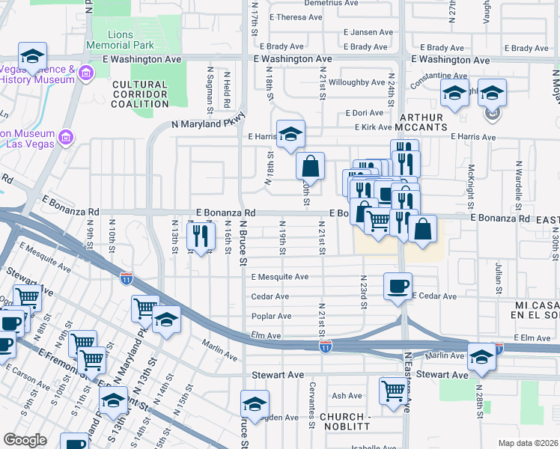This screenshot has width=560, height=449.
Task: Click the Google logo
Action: click(x=25, y=440)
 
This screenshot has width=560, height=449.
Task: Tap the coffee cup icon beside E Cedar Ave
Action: click(x=398, y=286)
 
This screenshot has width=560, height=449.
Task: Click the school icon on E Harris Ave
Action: click(x=290, y=134)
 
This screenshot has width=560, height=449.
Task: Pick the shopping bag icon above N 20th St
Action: click(x=310, y=165)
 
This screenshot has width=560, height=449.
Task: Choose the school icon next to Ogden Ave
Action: click(x=255, y=403)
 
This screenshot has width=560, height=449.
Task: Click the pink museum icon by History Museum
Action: click(x=85, y=73)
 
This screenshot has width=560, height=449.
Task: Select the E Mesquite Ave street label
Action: click(x=280, y=277)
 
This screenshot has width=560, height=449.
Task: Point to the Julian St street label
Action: click(x=499, y=275)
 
